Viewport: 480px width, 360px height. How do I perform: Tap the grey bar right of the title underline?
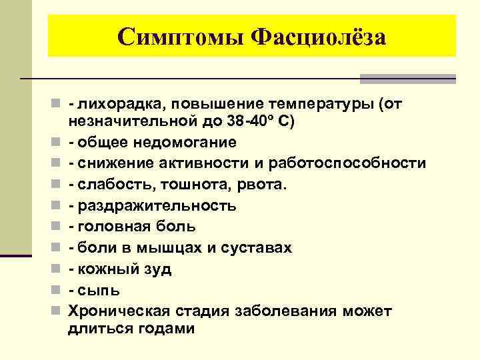pyautogui.click(x=407, y=79)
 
